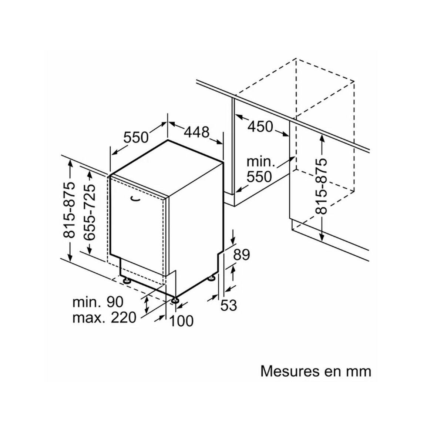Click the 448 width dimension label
[197, 132]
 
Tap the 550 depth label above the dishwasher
[135, 137]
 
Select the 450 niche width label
[260, 127]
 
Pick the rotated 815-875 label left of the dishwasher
[69, 210]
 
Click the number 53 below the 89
[228, 306]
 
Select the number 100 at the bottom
[181, 321]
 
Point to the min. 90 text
[98, 302]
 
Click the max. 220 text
[104, 317]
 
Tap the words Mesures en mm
[316, 371]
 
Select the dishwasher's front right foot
[175, 300]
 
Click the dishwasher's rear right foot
[212, 277]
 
